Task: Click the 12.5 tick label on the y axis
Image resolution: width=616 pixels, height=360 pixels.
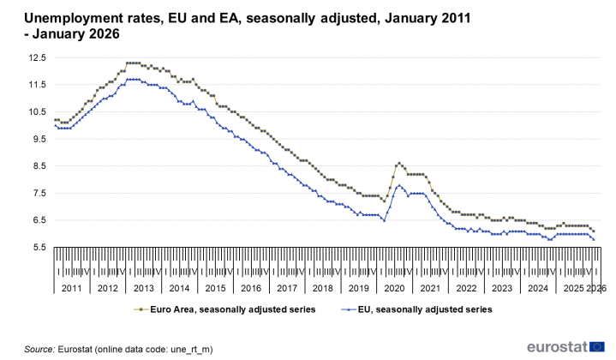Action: pos(35,57)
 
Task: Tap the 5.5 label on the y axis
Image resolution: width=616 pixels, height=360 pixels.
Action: pos(38,248)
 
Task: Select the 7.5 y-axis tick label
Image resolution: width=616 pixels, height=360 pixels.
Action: pos(38,193)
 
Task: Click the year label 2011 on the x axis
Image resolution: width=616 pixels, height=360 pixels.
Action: pos(72,289)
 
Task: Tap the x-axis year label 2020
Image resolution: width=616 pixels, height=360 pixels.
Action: pos(393,289)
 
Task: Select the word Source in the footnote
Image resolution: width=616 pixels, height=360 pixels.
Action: pos(39,349)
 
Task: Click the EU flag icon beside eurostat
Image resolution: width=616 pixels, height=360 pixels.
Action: pos(597,345)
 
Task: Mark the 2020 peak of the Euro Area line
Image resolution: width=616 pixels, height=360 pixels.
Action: pos(398,163)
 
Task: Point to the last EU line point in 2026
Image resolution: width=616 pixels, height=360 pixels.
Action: pos(594,239)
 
